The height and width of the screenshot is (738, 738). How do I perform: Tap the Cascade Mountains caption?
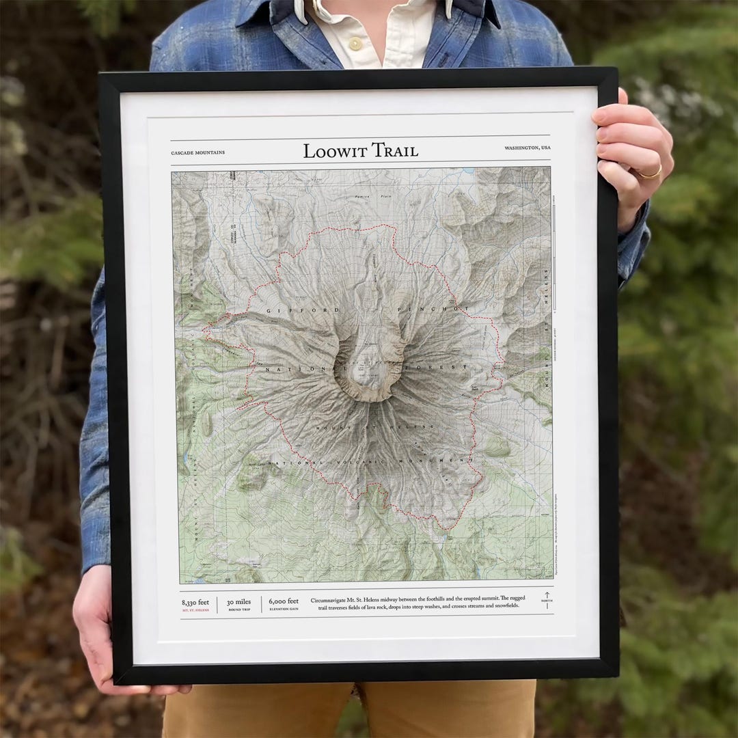pyautogui.click(x=197, y=153)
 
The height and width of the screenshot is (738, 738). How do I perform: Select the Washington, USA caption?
pyautogui.click(x=528, y=148)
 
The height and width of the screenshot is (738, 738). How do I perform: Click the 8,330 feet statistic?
pyautogui.click(x=195, y=602)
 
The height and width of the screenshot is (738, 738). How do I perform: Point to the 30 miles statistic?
pyautogui.click(x=240, y=602)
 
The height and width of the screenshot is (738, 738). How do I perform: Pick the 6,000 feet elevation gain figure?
pyautogui.click(x=284, y=601)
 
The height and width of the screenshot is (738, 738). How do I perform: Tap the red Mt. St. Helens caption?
pyautogui.click(x=195, y=610)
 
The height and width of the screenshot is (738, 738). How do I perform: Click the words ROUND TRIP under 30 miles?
pyautogui.click(x=240, y=610)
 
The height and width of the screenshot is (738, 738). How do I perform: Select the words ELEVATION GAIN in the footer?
pyautogui.click(x=284, y=609)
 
